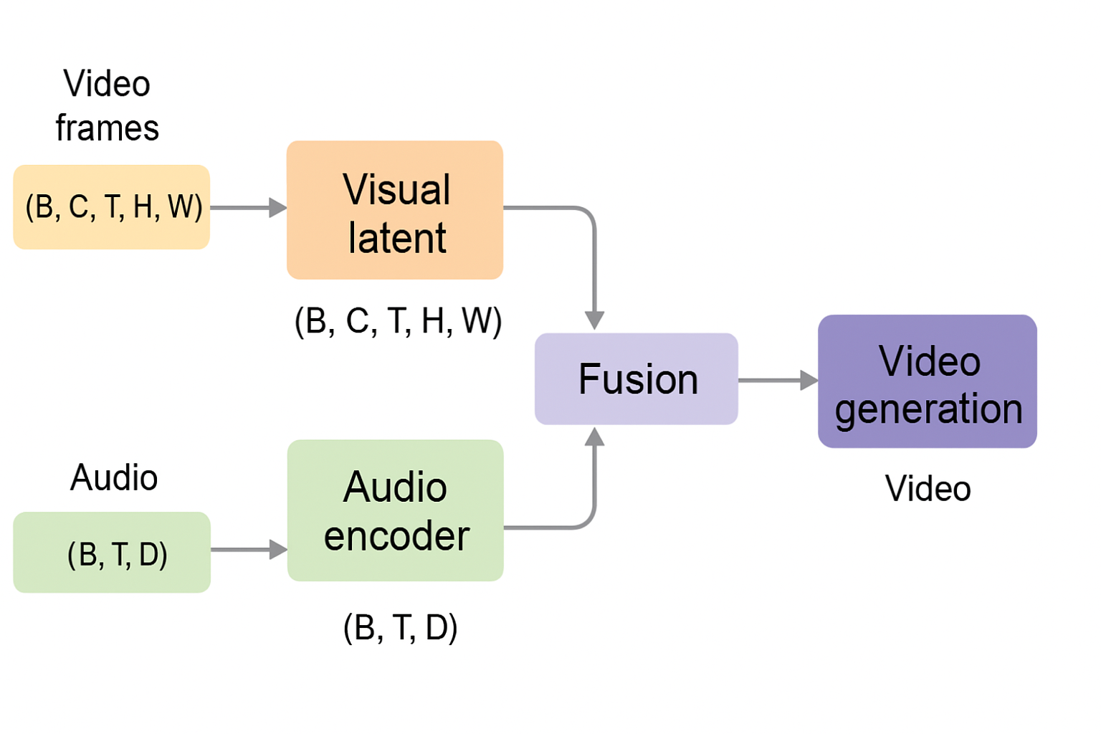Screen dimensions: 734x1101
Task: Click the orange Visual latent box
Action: point(395,210)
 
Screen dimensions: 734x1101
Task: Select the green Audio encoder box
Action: point(395,510)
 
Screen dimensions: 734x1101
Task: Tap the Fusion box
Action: point(637,378)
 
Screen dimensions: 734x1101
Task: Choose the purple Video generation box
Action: point(928,381)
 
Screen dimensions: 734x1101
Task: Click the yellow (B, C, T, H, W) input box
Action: point(112,207)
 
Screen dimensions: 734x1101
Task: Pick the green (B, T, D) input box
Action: point(112,553)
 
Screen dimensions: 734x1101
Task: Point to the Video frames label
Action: point(108,106)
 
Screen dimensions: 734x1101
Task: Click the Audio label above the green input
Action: point(114,477)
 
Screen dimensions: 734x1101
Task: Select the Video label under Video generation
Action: point(928,489)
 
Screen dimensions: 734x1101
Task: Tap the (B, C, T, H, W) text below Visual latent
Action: point(398,320)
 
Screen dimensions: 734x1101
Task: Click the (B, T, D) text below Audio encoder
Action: point(400,627)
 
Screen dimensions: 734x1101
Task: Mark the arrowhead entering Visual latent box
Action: point(278,208)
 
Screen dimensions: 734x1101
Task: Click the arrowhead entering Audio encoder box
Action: point(278,550)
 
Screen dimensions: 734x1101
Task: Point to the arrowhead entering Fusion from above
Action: point(594,320)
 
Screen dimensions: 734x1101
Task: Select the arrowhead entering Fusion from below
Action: point(594,437)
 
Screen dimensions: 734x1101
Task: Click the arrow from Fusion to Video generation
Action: point(778,380)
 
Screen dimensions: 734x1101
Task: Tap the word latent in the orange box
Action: point(397,238)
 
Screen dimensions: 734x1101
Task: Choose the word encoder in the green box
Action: point(396,536)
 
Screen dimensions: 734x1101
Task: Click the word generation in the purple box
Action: point(928,409)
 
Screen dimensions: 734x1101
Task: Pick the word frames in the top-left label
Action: point(108,128)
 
